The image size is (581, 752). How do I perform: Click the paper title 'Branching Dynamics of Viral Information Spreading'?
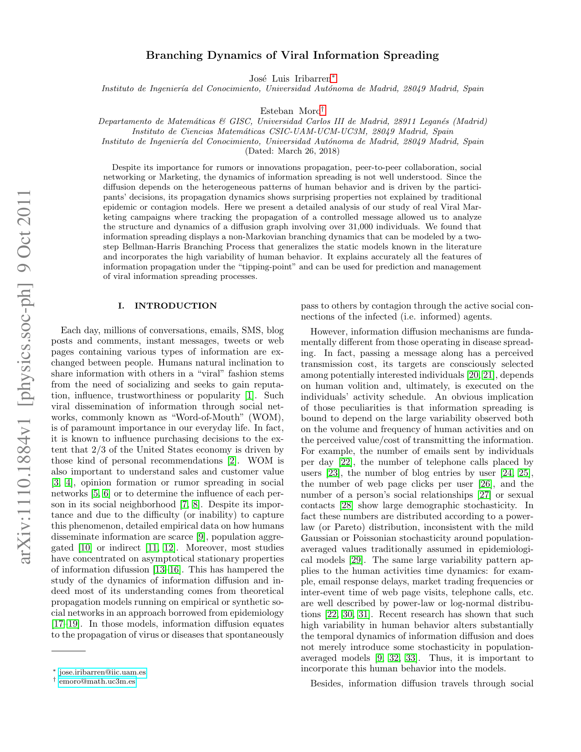(292, 56)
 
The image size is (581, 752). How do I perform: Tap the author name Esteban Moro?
(290, 111)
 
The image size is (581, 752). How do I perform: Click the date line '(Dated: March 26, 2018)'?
(292, 151)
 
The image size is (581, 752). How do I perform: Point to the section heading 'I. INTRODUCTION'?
(167, 306)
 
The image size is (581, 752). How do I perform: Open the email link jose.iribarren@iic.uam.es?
(103, 672)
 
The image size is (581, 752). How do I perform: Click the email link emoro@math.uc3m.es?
(97, 682)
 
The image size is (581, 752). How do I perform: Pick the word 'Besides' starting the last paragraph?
(327, 684)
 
